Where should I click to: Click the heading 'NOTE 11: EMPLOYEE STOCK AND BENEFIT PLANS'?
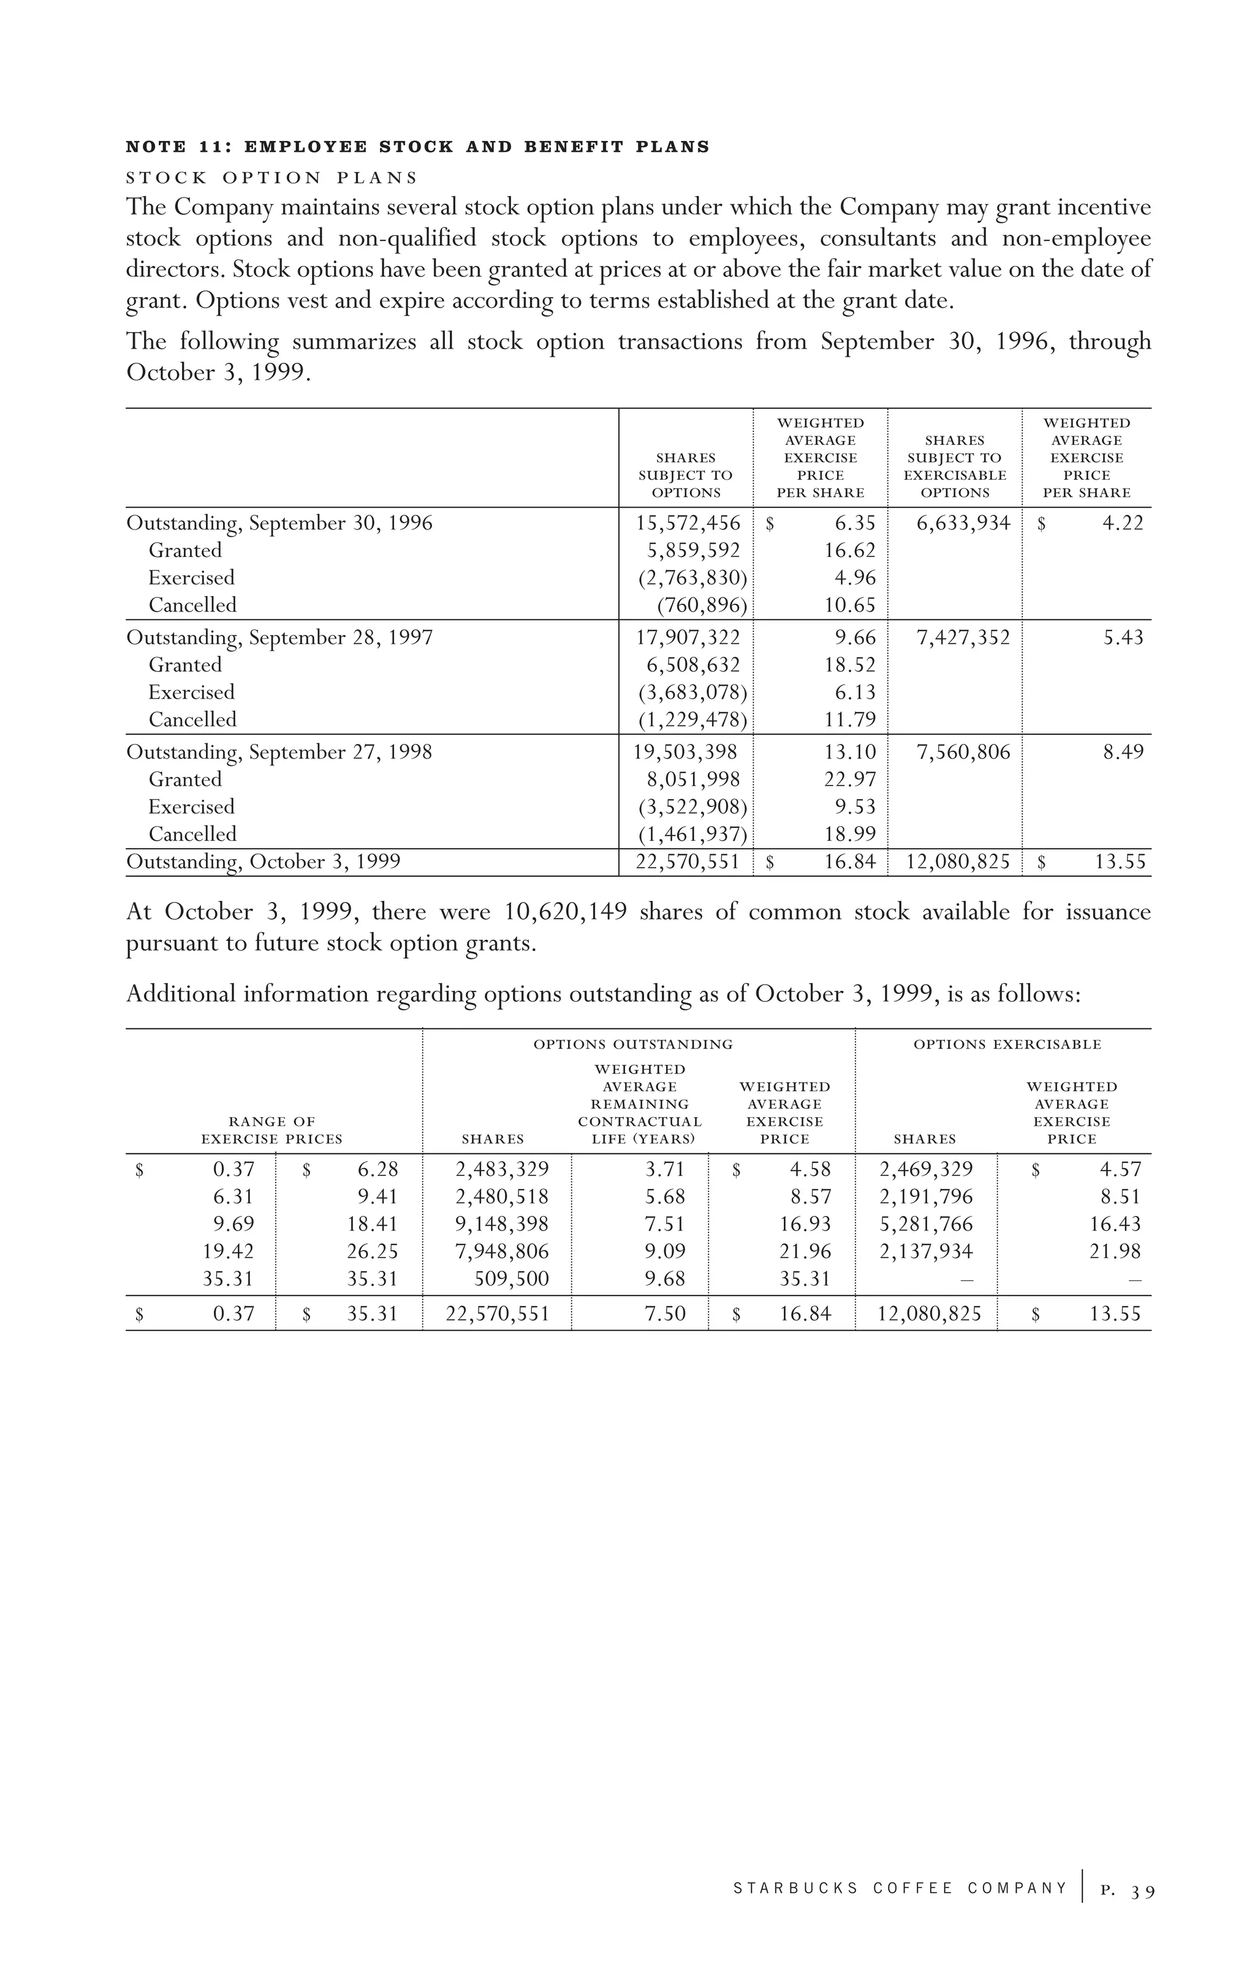(x=418, y=148)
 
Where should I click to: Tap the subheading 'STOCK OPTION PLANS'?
(x=272, y=178)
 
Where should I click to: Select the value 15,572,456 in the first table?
(x=688, y=523)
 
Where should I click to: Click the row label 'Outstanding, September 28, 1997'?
(x=279, y=638)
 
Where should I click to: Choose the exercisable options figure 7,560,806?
(x=963, y=753)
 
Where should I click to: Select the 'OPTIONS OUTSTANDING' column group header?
(x=633, y=1044)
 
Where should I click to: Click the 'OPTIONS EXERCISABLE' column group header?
(x=1007, y=1044)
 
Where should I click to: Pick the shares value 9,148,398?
(x=502, y=1224)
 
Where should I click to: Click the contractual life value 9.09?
(x=664, y=1251)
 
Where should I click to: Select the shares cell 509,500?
(x=512, y=1279)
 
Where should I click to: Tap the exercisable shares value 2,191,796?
(x=927, y=1197)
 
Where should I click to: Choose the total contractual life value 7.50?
(x=665, y=1314)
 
